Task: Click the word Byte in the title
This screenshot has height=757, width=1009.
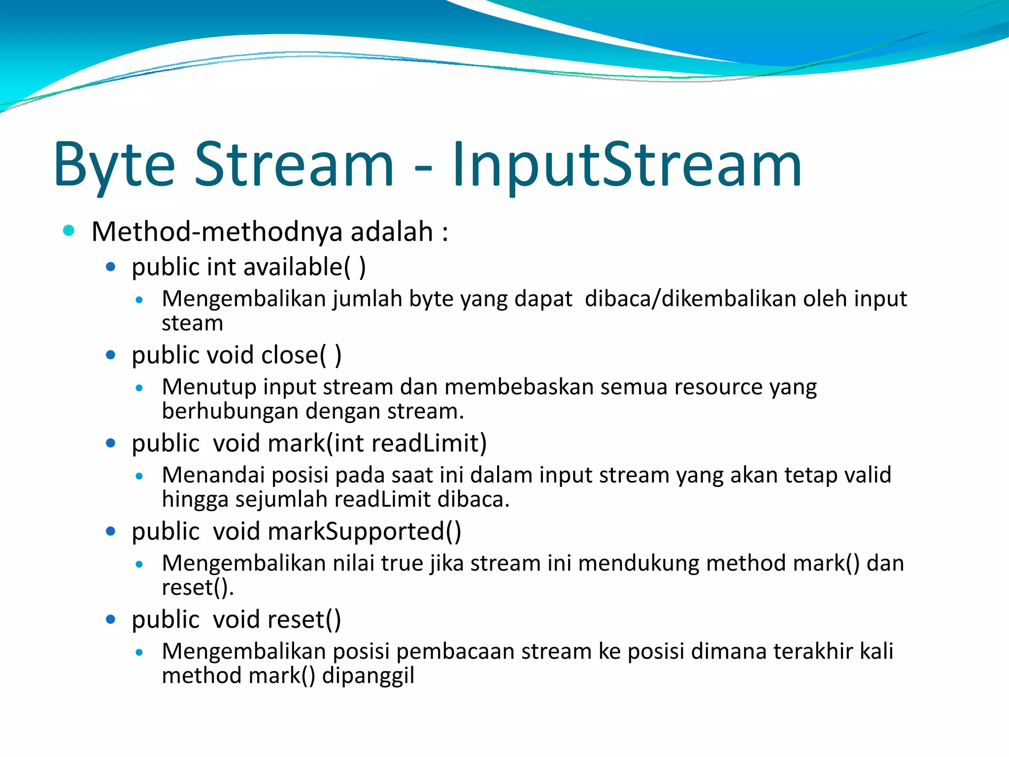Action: pos(114,165)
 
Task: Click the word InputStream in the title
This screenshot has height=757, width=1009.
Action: pos(627,165)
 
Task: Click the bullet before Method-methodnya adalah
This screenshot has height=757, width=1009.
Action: pos(69,230)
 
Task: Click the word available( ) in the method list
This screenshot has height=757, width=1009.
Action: pos(304,267)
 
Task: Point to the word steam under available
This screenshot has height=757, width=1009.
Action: pos(192,324)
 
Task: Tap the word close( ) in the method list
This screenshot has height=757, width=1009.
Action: pos(301,355)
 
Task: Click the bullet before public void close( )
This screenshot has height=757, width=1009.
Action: pos(110,355)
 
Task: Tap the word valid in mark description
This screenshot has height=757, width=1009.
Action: pos(868,475)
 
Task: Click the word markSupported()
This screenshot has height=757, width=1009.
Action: pos(365,532)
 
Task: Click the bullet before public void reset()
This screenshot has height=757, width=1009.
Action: pos(110,619)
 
